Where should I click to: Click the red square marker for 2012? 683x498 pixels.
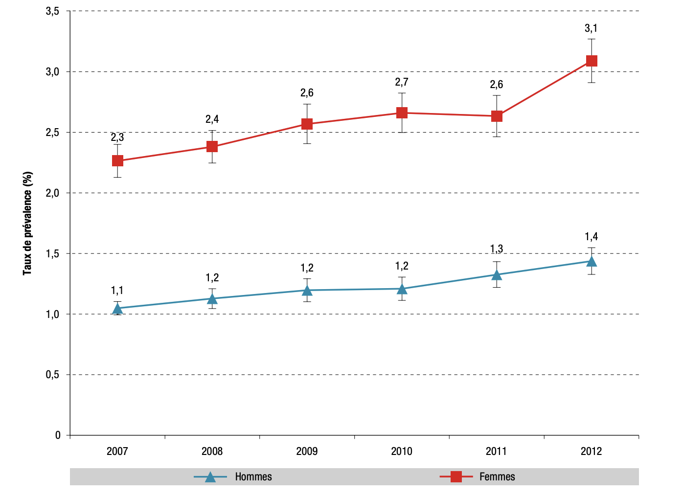[x=591, y=61]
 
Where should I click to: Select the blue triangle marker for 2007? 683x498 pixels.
[x=117, y=309]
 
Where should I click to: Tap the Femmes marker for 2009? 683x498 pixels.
[x=307, y=124]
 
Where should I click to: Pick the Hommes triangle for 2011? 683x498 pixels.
[x=497, y=275]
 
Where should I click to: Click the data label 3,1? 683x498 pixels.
[x=591, y=28]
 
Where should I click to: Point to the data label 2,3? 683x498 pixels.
[x=117, y=137]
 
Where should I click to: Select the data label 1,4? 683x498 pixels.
[x=591, y=237]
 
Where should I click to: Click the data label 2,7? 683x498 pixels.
[x=402, y=82]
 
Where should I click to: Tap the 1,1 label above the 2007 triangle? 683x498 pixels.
[x=117, y=291]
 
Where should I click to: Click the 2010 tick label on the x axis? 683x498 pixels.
[x=402, y=451]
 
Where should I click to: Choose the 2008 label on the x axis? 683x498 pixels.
[x=212, y=451]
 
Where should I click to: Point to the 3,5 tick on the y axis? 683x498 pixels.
[x=53, y=11]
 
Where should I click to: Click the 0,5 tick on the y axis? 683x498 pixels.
[x=53, y=375]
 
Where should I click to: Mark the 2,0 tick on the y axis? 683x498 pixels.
[x=53, y=193]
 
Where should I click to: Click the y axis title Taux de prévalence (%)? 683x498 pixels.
[x=28, y=223]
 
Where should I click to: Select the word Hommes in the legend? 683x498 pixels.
[x=253, y=477]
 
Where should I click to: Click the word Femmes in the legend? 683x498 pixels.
[x=497, y=477]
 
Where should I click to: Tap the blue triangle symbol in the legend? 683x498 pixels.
[x=210, y=477]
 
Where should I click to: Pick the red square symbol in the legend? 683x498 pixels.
[x=456, y=477]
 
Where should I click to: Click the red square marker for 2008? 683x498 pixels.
[x=212, y=147]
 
